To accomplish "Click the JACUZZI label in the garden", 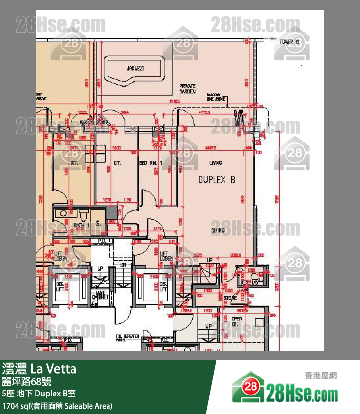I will coord(135,69).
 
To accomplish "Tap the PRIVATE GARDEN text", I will coord(187,88).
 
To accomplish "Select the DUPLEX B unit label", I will coord(216,180).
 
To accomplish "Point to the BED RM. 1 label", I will coord(149,163).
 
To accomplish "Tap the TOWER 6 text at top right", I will coord(289,42).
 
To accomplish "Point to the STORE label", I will coord(230,298).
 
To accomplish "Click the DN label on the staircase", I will coord(124,264).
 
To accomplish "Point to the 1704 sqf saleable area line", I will coord(57,405).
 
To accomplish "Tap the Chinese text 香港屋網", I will coord(321,375).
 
